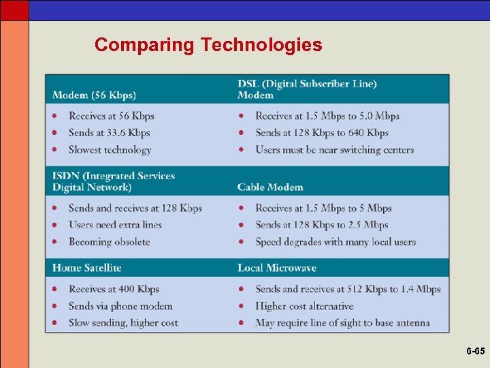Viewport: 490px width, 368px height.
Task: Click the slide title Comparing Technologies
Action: click(x=208, y=45)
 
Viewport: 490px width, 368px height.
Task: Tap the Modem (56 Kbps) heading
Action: click(x=94, y=95)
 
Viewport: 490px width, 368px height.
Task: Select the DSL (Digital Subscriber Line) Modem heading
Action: click(x=307, y=89)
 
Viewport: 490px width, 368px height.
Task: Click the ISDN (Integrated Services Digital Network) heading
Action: click(x=114, y=181)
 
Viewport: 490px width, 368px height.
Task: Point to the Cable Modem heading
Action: click(x=270, y=187)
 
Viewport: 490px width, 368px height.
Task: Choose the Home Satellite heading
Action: click(x=86, y=268)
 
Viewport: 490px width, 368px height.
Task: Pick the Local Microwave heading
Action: click(x=277, y=268)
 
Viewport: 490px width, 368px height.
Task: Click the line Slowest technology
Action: click(x=110, y=150)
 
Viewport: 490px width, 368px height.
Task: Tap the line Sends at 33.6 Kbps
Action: click(x=109, y=133)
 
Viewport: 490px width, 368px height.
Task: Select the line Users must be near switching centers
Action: click(x=334, y=150)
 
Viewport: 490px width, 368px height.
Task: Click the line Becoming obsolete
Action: click(x=109, y=242)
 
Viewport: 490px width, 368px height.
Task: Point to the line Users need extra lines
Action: click(x=115, y=225)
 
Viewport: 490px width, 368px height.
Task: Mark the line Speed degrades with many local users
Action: click(x=336, y=242)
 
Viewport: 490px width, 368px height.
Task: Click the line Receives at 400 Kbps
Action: click(x=114, y=289)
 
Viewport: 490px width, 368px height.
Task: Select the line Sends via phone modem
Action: click(x=120, y=306)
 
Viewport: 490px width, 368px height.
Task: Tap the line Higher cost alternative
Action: click(x=304, y=306)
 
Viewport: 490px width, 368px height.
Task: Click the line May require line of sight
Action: click(x=342, y=322)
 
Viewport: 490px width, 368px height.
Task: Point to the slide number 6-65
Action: click(x=476, y=352)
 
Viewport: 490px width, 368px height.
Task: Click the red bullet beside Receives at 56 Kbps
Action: click(x=54, y=116)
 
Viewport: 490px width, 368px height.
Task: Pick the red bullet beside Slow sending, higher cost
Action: click(x=54, y=322)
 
